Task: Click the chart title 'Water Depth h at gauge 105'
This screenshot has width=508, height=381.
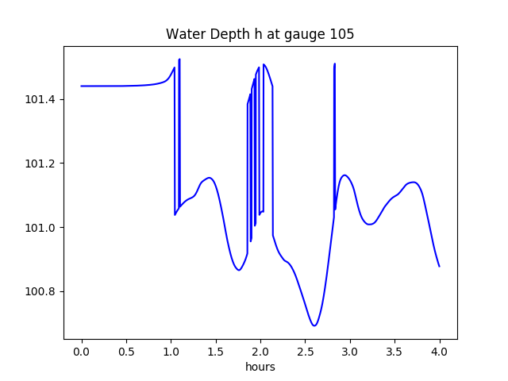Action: pos(260,34)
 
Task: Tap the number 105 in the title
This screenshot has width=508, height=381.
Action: pos(342,34)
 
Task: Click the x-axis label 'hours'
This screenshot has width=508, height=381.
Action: pos(260,368)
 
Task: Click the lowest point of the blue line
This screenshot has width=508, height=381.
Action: pos(314,325)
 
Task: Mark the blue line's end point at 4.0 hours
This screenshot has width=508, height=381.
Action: pos(439,266)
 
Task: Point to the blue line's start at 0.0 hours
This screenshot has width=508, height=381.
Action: pos(82,86)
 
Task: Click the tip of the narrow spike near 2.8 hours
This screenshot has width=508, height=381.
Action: pos(335,63)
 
